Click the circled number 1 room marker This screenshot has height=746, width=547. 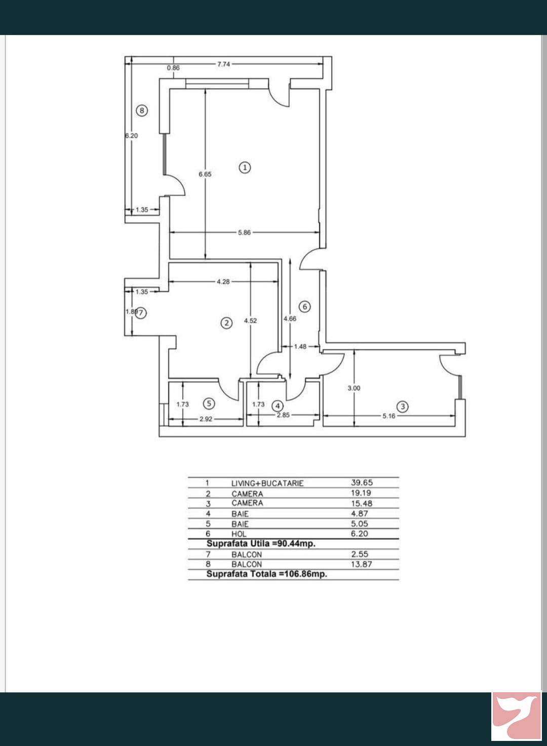click(245, 168)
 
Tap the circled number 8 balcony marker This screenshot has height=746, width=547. click(142, 110)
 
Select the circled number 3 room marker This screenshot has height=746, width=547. click(403, 406)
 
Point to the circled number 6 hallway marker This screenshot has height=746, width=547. click(305, 307)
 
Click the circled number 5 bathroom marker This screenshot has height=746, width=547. click(209, 403)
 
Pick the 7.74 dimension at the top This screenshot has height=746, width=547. click(224, 64)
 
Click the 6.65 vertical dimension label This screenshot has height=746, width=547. click(205, 174)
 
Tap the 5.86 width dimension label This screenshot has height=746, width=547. click(244, 233)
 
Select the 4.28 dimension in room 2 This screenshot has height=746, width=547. click(223, 281)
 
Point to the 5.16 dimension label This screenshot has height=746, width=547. click(388, 416)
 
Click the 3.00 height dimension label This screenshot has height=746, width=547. click(354, 388)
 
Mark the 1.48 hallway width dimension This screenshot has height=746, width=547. click(300, 347)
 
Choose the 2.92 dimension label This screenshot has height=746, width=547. click(206, 419)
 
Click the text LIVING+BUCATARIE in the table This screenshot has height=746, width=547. click(267, 483)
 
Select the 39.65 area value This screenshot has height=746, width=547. click(362, 482)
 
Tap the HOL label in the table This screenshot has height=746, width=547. click(239, 534)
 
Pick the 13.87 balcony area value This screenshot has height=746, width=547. click(362, 564)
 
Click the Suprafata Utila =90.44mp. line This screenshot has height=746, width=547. click(261, 544)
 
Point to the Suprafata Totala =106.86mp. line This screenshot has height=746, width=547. click(267, 574)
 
